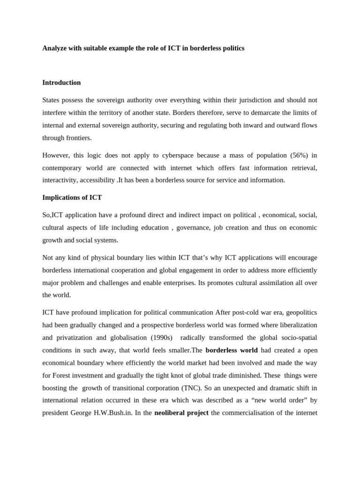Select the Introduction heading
pyautogui.click(x=61, y=82)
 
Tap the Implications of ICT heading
pyautogui.click(x=72, y=197)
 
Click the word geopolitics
pyautogui.click(x=299, y=312)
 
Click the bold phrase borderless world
pyautogui.click(x=232, y=350)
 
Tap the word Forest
pyautogui.click(x=63, y=375)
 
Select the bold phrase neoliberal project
pyautogui.click(x=181, y=413)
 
